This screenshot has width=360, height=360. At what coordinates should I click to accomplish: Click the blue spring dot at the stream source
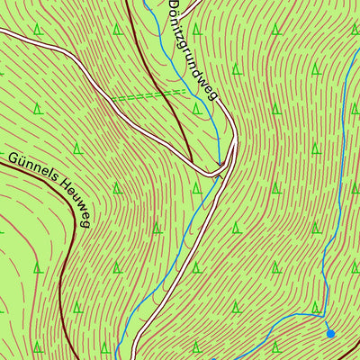pyautogui.click(x=330, y=334)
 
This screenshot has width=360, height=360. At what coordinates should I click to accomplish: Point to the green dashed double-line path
pyautogui.click(x=148, y=94)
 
